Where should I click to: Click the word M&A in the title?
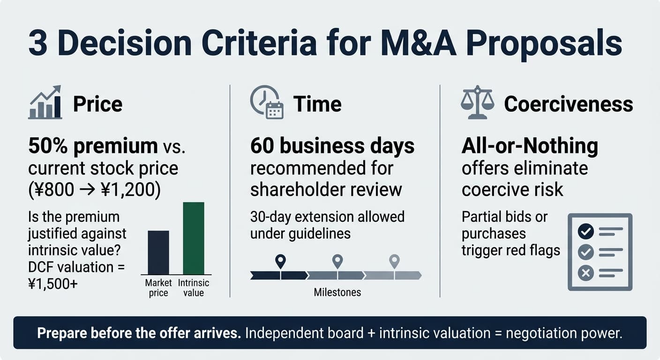pos(419,43)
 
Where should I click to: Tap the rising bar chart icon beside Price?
pos(45,102)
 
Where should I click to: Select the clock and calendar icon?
pos(267,102)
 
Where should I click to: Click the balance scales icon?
pos(477,102)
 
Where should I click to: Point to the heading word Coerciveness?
pos(569,104)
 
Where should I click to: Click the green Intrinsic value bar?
pos(194,238)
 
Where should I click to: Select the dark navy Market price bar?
pos(158,253)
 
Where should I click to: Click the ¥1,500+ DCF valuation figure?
pos(53,284)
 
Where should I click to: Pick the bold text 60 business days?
pos(332,146)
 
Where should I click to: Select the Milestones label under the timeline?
pos(337,292)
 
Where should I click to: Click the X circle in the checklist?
pos(586,273)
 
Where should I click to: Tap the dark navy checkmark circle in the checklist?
pos(586,231)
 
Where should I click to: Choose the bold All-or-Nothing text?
pos(530,146)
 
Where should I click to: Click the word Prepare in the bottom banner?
pos(62,333)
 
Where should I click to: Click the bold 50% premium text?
pos(93,146)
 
